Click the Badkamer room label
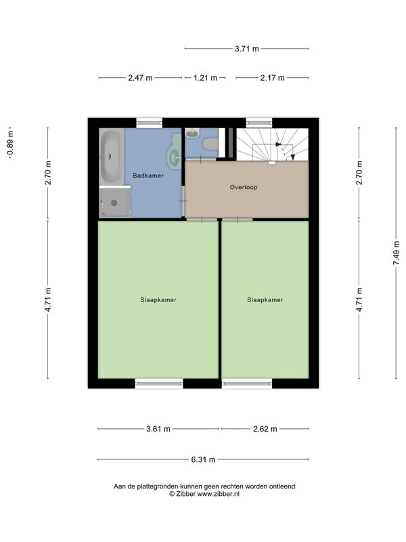tap(148, 175)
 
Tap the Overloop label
tap(244, 188)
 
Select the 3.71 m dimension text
tap(247, 49)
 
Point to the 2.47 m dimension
tap(140, 78)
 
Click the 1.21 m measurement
tap(205, 78)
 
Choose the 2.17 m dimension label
tap(273, 78)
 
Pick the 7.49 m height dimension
tap(396, 253)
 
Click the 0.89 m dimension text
tap(10, 143)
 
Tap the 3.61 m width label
tap(158, 429)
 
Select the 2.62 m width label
tap(265, 429)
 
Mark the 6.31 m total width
tap(203, 460)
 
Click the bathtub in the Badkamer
tap(112, 157)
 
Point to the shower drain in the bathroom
tap(114, 203)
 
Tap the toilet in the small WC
tap(210, 144)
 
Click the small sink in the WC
tap(191, 132)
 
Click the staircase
tap(272, 144)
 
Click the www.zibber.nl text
tap(218, 494)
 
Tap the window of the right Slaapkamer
tap(247, 383)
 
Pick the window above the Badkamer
tap(149, 123)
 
